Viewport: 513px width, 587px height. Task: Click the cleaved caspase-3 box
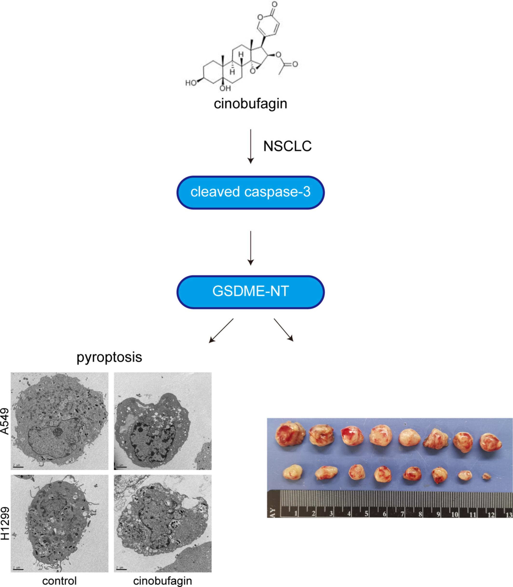pos(250,192)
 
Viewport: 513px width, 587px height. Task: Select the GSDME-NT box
pos(250,291)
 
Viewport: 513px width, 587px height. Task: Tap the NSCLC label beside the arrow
pos(287,146)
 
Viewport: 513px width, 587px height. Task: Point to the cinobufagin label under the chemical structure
pos(250,104)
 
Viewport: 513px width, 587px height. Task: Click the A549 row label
pos(5,421)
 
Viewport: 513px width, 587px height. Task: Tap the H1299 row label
pos(5,523)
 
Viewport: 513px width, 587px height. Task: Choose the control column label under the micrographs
pos(60,581)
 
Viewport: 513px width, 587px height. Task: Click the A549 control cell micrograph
pos(60,421)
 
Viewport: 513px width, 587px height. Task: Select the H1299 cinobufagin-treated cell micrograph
pos(162,523)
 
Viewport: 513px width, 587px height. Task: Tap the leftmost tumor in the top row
pos(290,434)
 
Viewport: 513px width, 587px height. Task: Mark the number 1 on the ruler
pos(296,514)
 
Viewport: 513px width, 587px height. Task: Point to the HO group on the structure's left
pos(191,83)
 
